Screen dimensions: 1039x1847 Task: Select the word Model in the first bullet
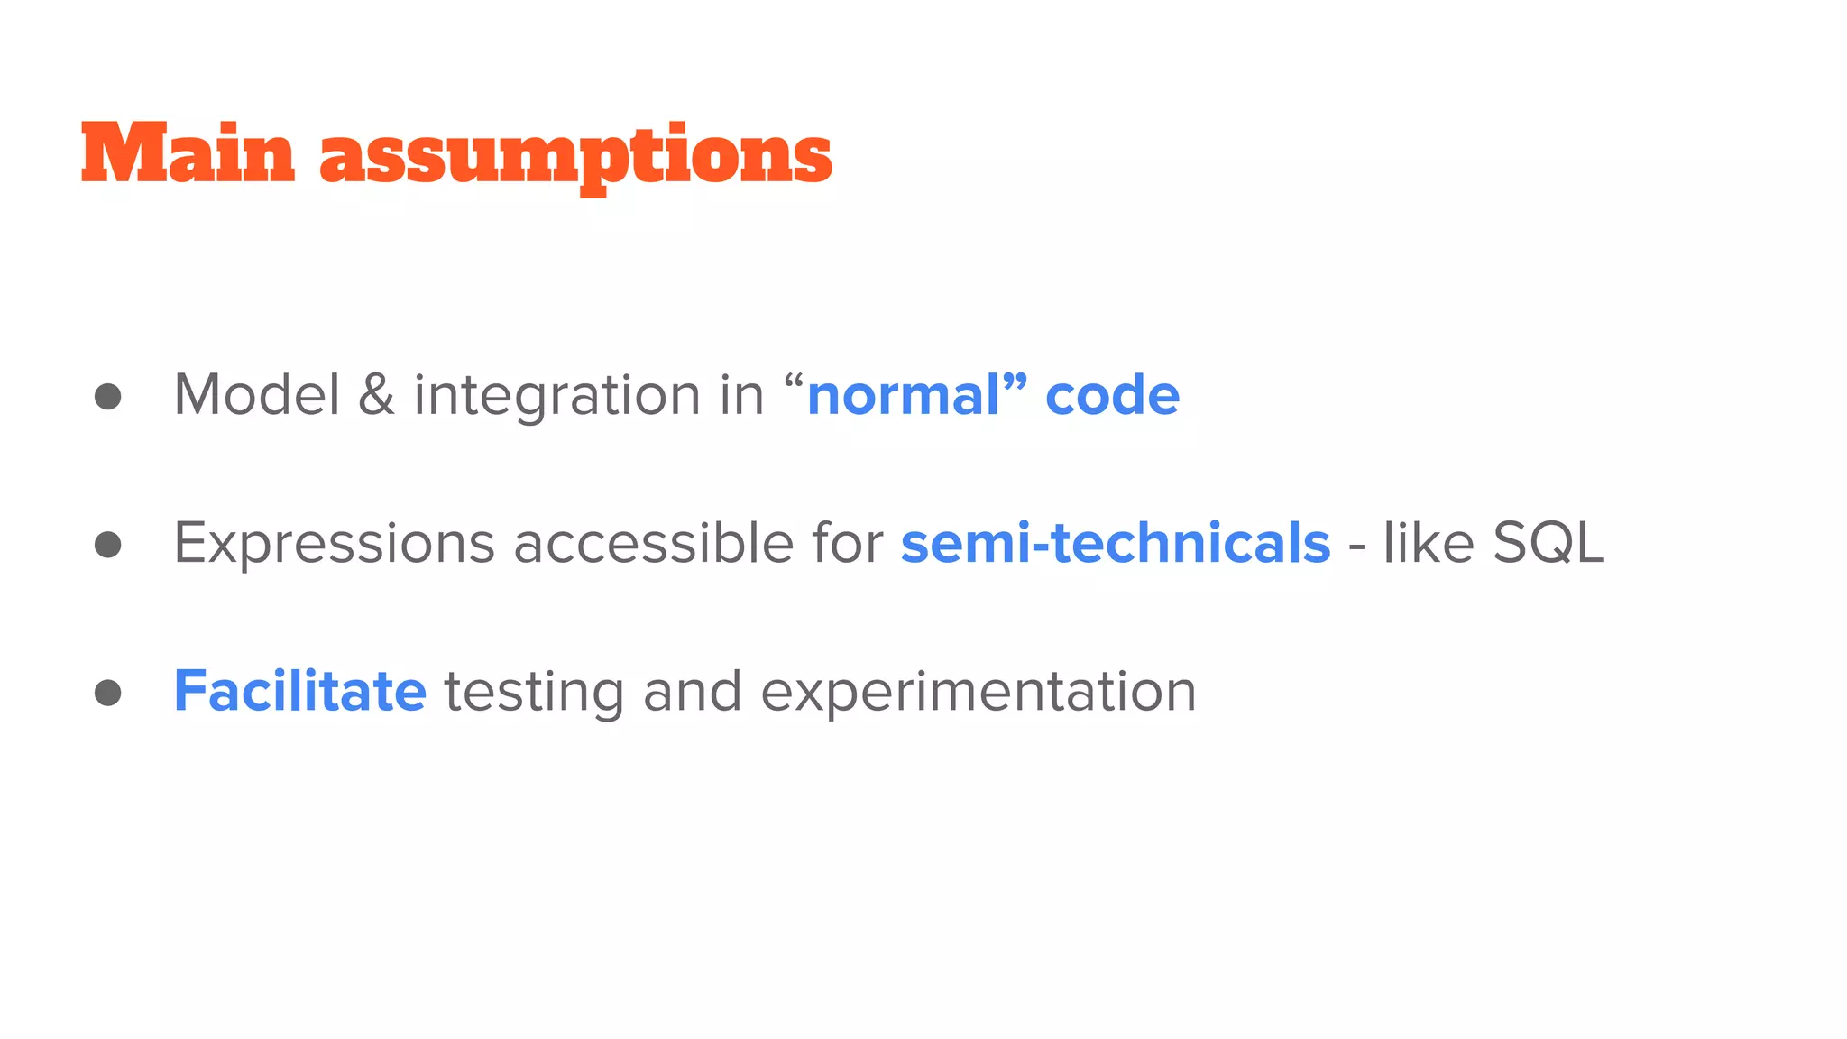pyautogui.click(x=257, y=395)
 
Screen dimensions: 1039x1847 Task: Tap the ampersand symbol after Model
pyautogui.click(x=376, y=395)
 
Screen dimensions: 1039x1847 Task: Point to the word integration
pyautogui.click(x=556, y=397)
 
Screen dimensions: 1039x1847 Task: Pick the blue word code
pyautogui.click(x=1112, y=397)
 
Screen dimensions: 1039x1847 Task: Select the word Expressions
pyautogui.click(x=334, y=545)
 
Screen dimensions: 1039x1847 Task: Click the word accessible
pyautogui.click(x=653, y=543)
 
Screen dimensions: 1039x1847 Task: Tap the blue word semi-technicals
pyautogui.click(x=1116, y=543)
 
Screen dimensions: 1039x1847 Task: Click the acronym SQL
pyautogui.click(x=1548, y=545)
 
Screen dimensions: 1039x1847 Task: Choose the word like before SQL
pyautogui.click(x=1429, y=543)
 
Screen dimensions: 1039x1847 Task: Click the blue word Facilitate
pyautogui.click(x=299, y=691)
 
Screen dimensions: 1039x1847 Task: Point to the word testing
pyautogui.click(x=534, y=693)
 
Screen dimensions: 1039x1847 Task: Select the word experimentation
pyautogui.click(x=979, y=693)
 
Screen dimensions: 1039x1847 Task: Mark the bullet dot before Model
pyautogui.click(x=108, y=397)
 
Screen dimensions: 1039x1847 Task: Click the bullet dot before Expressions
pyautogui.click(x=108, y=545)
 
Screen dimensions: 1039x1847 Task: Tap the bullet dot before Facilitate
pyautogui.click(x=108, y=693)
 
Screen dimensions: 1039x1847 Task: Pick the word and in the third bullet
pyautogui.click(x=692, y=691)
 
